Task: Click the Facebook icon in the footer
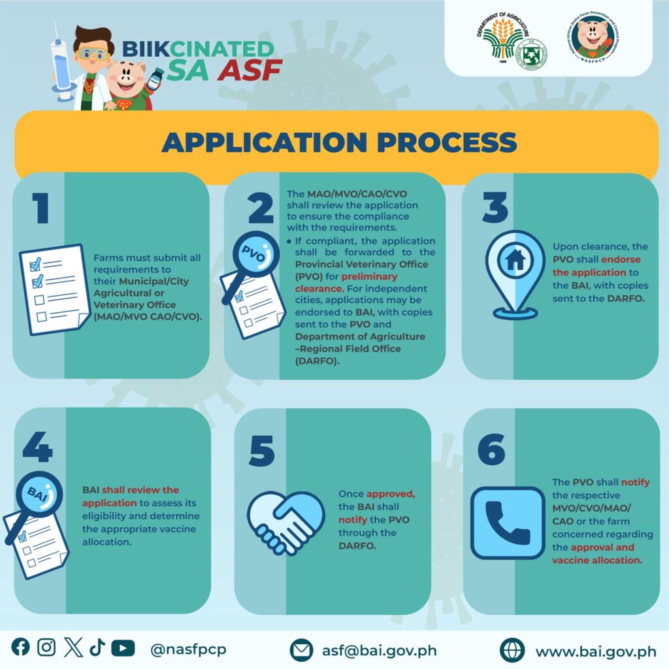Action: (20, 647)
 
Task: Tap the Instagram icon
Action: (46, 647)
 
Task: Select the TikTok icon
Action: (97, 647)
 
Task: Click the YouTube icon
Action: (123, 648)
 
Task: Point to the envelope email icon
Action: (301, 650)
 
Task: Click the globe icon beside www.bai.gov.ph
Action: (512, 650)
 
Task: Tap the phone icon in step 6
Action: (508, 523)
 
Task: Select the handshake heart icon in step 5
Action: (286, 523)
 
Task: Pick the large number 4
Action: (37, 446)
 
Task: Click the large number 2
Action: (261, 207)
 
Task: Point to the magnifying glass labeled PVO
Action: (252, 265)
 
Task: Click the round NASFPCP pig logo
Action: (595, 37)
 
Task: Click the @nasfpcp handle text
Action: (188, 649)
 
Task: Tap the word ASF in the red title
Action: (250, 70)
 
